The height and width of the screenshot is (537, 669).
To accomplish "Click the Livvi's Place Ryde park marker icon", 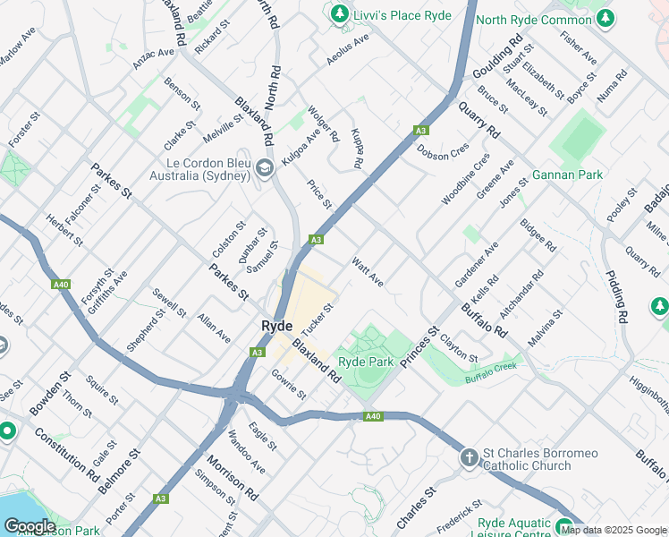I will tap(340, 14).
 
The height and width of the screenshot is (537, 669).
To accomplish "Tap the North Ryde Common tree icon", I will tap(606, 17).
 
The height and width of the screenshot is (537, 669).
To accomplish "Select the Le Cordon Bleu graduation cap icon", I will tap(264, 168).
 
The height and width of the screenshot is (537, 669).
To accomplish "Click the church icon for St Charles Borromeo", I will tap(469, 459).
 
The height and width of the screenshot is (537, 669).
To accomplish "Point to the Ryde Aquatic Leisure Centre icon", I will tap(564, 526).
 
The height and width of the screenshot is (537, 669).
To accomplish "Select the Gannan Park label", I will tap(566, 175).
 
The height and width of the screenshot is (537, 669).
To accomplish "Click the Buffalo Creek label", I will tap(491, 373).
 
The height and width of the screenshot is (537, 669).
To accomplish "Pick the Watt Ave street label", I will tap(368, 273).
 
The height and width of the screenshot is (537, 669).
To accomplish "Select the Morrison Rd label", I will tap(232, 479).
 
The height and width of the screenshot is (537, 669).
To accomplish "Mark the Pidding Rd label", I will tap(617, 296).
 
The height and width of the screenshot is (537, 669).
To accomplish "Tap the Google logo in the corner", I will tap(30, 526).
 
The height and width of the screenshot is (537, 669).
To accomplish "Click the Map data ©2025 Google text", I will tap(614, 530).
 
